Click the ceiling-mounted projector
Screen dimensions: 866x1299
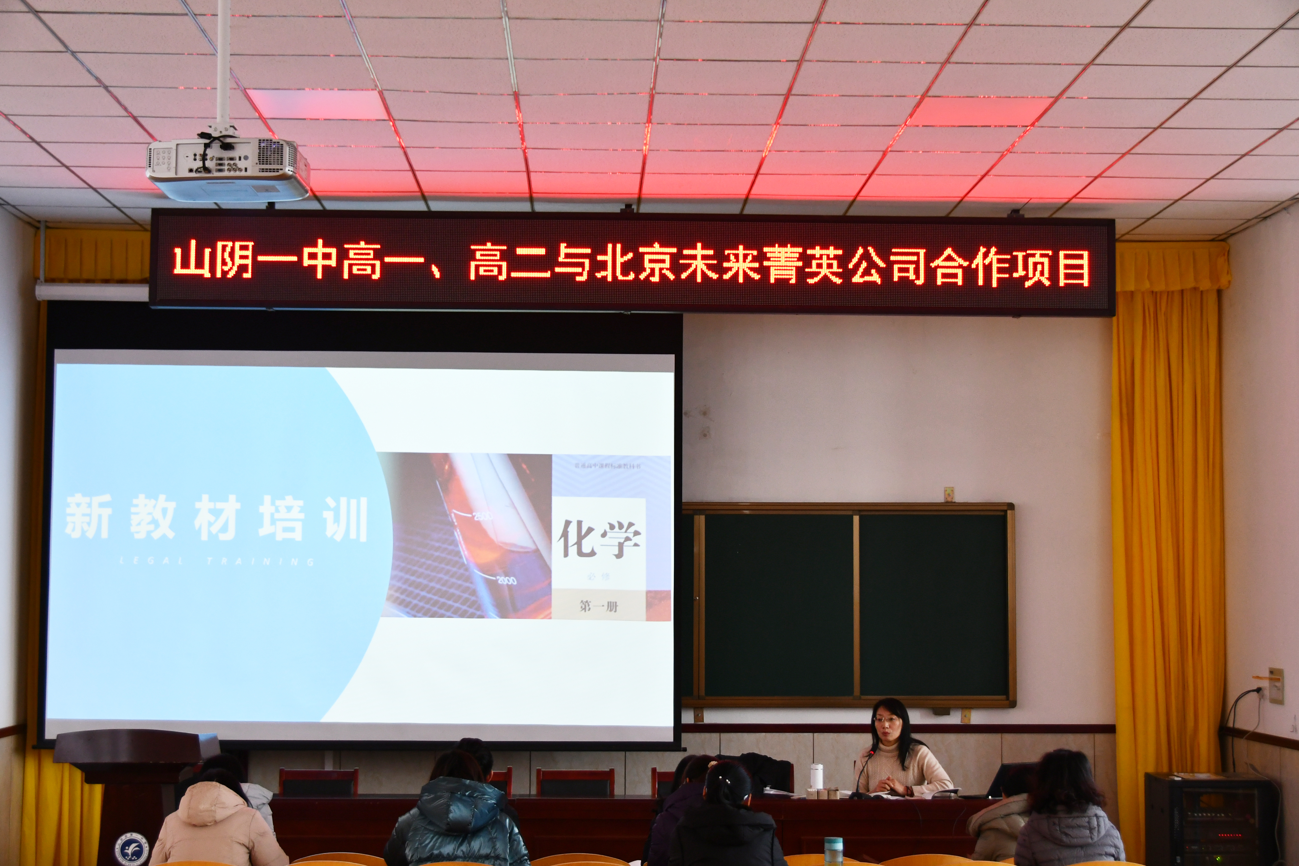228,169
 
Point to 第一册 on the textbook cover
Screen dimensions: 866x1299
599,606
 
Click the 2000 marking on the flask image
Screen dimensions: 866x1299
506,580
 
